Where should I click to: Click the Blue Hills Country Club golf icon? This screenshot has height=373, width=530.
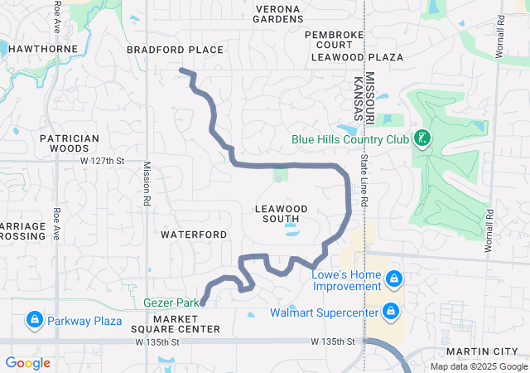(x=422, y=138)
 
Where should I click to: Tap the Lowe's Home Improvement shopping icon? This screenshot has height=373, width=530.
(x=393, y=278)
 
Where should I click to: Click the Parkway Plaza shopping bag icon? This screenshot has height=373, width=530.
(x=34, y=319)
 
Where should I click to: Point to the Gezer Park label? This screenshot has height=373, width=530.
(x=171, y=303)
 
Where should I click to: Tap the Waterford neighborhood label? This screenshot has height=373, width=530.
(x=194, y=235)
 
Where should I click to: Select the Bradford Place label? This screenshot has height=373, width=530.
(x=175, y=50)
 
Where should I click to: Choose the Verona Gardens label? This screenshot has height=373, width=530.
(x=277, y=13)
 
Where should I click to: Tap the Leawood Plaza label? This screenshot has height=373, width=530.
(x=357, y=57)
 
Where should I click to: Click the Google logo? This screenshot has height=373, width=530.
(x=28, y=363)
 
